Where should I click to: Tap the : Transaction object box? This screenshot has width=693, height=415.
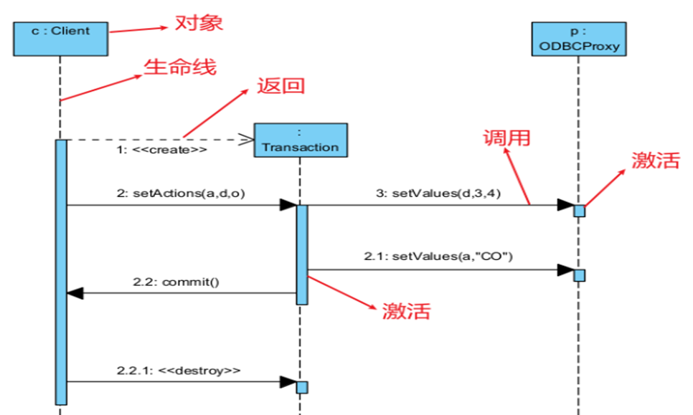click(x=300, y=139)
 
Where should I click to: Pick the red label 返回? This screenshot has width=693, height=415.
click(x=280, y=85)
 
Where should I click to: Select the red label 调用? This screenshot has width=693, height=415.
click(x=507, y=137)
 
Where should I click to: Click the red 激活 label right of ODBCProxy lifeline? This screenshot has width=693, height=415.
click(x=655, y=160)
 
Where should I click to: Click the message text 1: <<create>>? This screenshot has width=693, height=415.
click(x=161, y=151)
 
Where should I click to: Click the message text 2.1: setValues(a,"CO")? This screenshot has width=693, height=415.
click(x=438, y=257)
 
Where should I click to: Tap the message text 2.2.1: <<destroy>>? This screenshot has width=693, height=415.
click(x=178, y=371)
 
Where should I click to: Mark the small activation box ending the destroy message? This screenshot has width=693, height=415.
click(x=302, y=387)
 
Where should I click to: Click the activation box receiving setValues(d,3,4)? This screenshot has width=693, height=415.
click(x=579, y=211)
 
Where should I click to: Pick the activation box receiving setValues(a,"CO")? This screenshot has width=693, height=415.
click(x=579, y=275)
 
